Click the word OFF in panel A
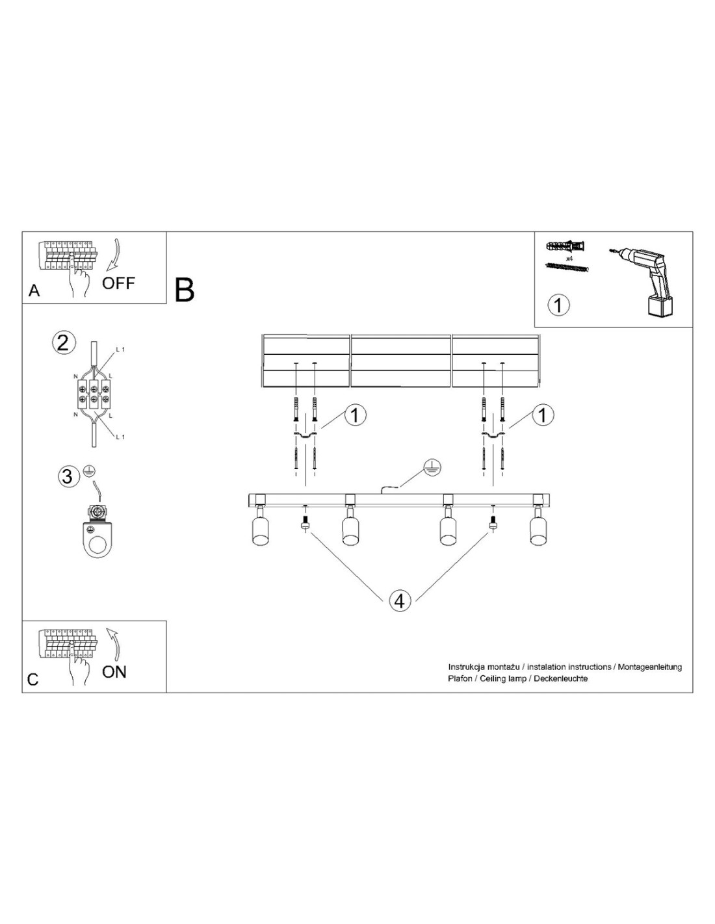pyautogui.click(x=118, y=283)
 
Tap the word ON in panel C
pyautogui.click(x=114, y=672)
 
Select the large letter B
pyautogui.click(x=184, y=290)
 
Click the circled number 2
pyautogui.click(x=63, y=343)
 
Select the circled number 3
pyautogui.click(x=68, y=476)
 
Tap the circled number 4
pyautogui.click(x=399, y=601)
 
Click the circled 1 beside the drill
pyautogui.click(x=558, y=305)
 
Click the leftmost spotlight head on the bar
pyautogui.click(x=259, y=526)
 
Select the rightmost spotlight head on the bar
pyautogui.click(x=538, y=526)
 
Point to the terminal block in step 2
pyautogui.click(x=94, y=393)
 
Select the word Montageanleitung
pyautogui.click(x=650, y=667)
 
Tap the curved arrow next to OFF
pyautogui.click(x=113, y=255)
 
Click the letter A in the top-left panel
pyautogui.click(x=34, y=291)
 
